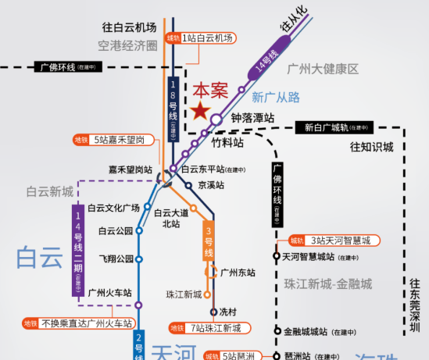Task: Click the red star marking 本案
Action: tap(201, 111)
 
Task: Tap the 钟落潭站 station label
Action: tap(252, 118)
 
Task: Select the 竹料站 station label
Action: tap(228, 143)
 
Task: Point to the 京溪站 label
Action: tap(211, 185)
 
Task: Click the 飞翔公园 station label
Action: tap(117, 258)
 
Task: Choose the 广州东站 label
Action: tap(238, 273)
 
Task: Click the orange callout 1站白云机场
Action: tap(203, 37)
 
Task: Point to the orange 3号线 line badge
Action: tap(209, 242)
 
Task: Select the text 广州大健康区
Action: tap(322, 69)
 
